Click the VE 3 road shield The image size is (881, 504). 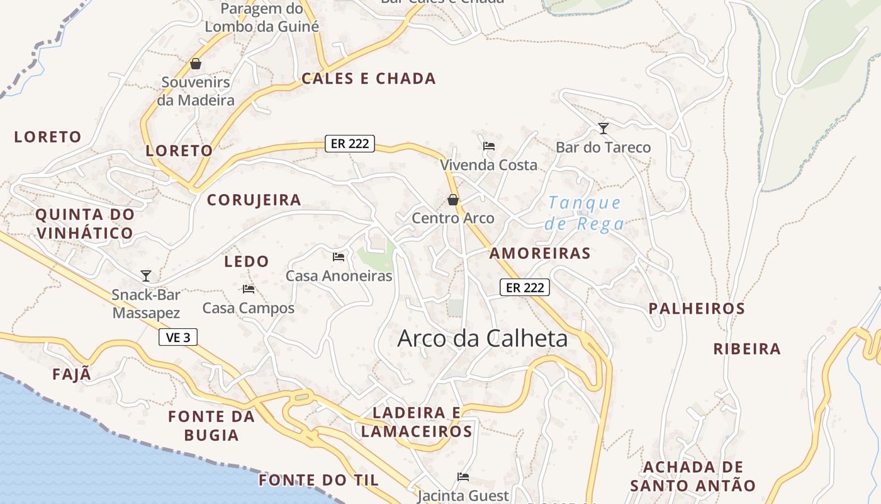tap(178, 338)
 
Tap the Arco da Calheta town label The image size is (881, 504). tap(482, 339)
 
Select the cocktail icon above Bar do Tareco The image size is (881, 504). tap(603, 129)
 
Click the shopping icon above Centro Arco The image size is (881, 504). tap(452, 200)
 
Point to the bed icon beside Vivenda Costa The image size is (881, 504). tap(488, 146)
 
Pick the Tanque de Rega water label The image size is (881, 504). tap(585, 213)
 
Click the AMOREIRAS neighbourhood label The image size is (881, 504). tap(540, 253)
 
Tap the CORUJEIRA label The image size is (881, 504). tap(254, 200)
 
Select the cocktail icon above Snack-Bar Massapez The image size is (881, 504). tap(146, 275)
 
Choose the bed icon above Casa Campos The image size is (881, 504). tap(248, 289)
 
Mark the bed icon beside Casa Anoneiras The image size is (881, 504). tap(339, 256)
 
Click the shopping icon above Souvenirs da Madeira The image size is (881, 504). tap(195, 64)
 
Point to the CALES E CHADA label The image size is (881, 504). tap(368, 79)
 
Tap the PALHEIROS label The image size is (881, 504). tap(697, 309)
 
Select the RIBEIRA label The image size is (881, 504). tap(746, 349)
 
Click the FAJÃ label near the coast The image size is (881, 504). tap(72, 374)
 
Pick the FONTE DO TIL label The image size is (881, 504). tap(318, 480)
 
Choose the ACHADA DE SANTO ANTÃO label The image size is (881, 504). tap(692, 476)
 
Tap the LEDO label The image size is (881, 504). tap(247, 261)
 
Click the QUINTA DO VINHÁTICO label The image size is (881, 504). tap(84, 224)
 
